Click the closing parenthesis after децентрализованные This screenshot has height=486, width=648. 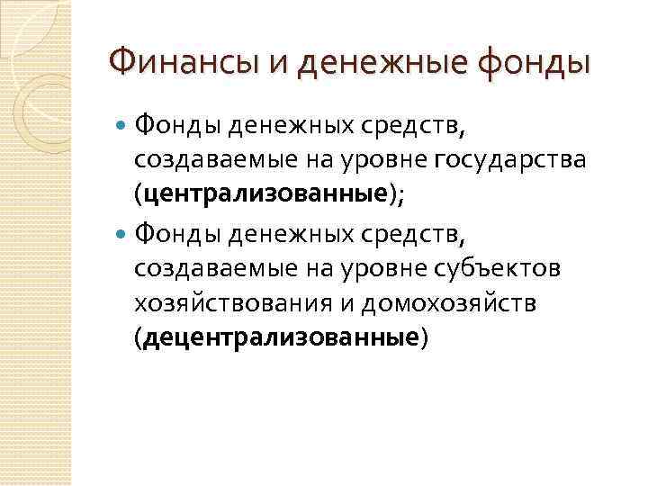(425, 337)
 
